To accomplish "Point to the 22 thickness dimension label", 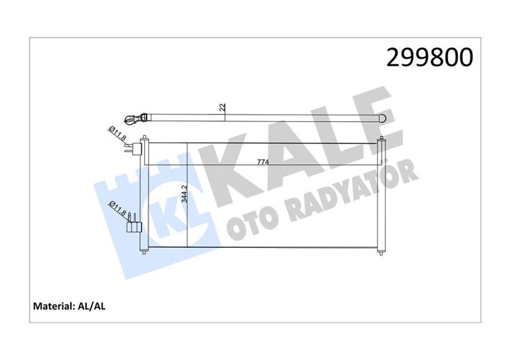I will [x=222, y=108].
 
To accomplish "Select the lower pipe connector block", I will [x=133, y=224].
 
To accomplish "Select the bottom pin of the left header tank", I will [x=144, y=251].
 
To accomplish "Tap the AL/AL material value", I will [x=92, y=306].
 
